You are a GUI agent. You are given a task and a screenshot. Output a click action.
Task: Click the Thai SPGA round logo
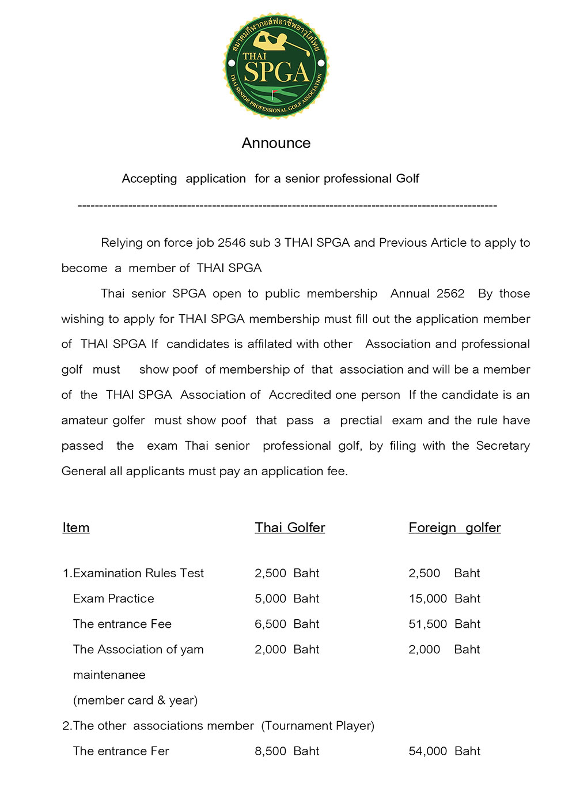[276, 65]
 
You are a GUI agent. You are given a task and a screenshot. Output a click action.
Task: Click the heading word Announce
[276, 143]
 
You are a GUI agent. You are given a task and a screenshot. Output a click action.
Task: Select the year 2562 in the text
[450, 293]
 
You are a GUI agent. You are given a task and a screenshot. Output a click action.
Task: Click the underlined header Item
[76, 528]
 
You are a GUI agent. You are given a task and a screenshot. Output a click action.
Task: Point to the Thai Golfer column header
[290, 528]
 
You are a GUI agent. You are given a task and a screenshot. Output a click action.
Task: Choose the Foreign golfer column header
[454, 528]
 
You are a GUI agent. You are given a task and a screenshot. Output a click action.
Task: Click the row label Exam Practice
[113, 598]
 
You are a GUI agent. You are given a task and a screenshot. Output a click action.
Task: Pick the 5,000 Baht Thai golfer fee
[287, 598]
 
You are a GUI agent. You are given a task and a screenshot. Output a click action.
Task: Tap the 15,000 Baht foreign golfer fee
[444, 598]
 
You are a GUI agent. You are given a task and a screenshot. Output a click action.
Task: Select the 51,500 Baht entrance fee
[444, 624]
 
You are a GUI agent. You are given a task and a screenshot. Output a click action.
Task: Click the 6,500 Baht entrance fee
[287, 624]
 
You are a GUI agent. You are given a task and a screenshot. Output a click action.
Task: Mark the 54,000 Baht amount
[444, 751]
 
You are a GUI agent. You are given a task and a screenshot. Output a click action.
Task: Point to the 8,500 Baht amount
[287, 751]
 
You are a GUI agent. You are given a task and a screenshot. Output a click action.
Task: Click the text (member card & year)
[135, 700]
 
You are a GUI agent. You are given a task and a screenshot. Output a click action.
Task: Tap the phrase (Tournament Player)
[317, 725]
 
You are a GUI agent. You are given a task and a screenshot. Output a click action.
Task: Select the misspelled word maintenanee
[109, 675]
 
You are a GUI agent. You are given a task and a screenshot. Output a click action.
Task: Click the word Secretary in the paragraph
[502, 446]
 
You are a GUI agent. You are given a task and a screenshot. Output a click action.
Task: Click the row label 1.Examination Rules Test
[133, 573]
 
